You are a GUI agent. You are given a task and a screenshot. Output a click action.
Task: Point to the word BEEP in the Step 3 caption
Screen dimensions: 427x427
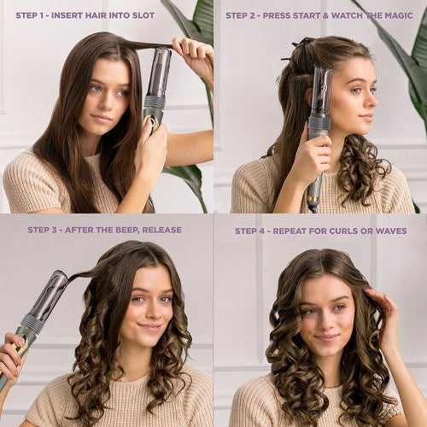coord(136,230)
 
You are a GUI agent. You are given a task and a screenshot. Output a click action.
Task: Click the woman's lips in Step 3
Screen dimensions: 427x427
coord(150,327)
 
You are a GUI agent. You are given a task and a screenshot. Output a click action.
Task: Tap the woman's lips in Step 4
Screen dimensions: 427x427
coord(325,337)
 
